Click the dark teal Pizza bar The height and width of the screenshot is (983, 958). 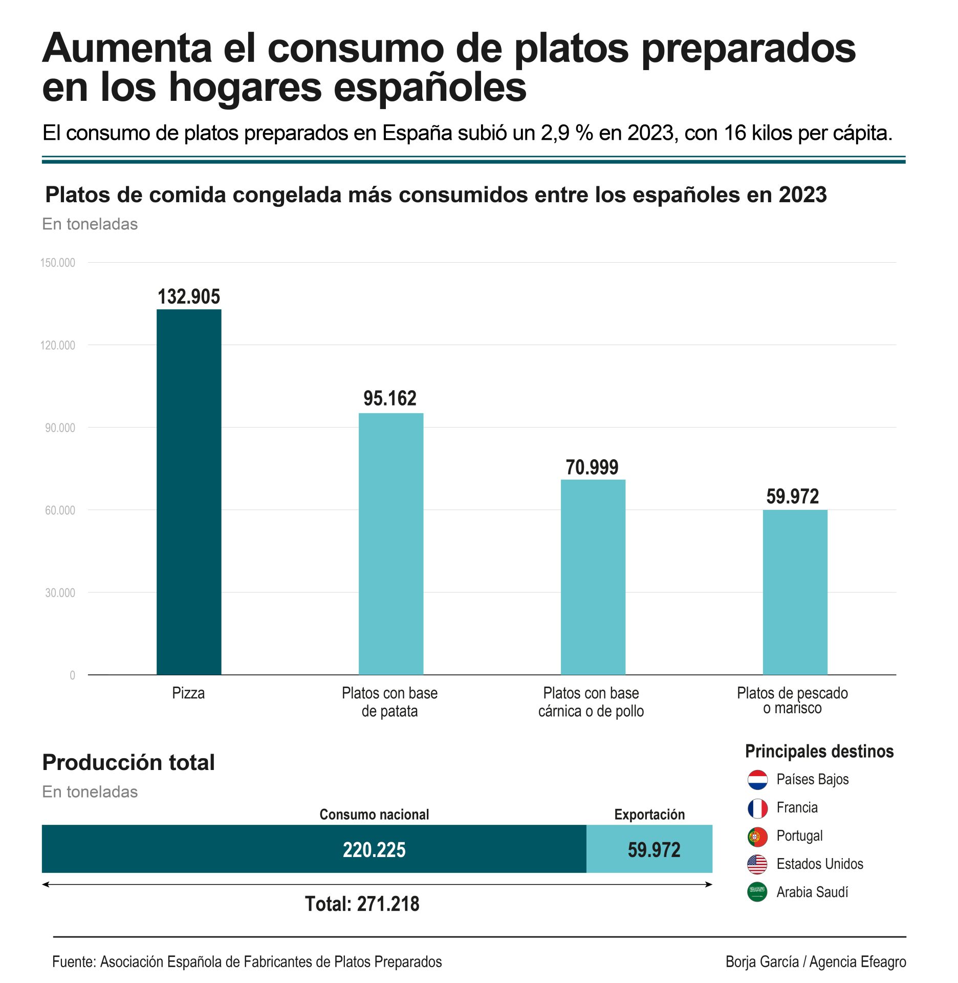189,491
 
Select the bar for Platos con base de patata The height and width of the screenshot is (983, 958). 390,543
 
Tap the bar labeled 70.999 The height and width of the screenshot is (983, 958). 593,576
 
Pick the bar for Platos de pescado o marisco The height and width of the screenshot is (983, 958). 795,592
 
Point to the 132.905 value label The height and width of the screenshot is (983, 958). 189,296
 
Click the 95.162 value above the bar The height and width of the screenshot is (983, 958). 390,398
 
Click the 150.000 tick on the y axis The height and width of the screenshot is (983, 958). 58,263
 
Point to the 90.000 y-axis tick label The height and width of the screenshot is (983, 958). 60,428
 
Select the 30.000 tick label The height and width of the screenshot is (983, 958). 60,592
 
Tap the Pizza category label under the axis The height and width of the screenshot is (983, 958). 188,693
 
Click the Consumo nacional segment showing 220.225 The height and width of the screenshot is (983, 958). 314,849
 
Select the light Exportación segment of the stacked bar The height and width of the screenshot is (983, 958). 649,849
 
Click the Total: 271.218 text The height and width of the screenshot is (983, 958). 362,904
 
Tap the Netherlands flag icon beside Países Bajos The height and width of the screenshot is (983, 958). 757,780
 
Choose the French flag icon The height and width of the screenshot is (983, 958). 757,808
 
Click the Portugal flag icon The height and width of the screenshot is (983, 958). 757,837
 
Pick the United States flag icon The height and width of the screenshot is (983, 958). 757,865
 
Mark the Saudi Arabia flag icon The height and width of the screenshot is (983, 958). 757,892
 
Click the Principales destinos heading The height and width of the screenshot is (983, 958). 819,751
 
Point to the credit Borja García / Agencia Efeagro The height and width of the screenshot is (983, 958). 816,962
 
